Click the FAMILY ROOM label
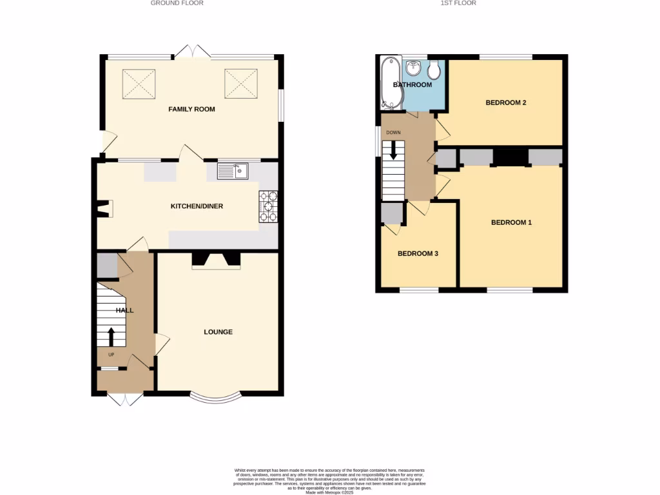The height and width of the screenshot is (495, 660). coord(191,110)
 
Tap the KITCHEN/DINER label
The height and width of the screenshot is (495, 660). coord(197,206)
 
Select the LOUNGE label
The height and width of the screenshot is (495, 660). coord(218,332)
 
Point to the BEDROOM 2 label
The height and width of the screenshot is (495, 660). coord(507,102)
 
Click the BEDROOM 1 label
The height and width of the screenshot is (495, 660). coord(512,223)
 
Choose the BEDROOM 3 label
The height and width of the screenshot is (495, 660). coord(418,254)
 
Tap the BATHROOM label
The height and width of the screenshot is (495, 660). coord(412,85)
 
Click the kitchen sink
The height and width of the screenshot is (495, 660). coord(233,171)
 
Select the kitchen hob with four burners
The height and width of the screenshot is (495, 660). coord(268,207)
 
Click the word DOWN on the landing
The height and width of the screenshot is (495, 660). coord(393,133)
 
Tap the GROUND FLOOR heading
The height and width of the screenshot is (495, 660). coord(177,3)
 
